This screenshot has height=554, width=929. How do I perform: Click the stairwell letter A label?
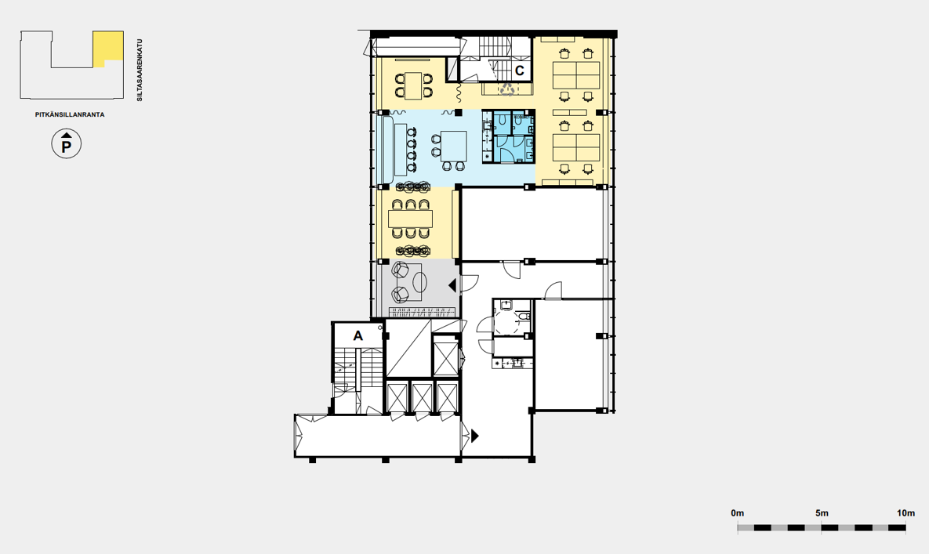(x=357, y=336)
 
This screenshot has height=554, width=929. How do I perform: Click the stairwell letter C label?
(x=520, y=71)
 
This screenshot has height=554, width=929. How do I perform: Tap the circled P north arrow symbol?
(x=67, y=144)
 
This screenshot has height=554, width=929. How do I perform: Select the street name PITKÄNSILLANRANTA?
(x=70, y=115)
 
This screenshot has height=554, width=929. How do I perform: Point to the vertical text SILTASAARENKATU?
(x=140, y=71)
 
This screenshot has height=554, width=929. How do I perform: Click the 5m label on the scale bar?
(x=822, y=513)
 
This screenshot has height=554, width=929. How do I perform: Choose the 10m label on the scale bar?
(x=905, y=513)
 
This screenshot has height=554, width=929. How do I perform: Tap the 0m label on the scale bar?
(x=738, y=513)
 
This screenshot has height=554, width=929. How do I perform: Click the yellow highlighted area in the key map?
(x=108, y=45)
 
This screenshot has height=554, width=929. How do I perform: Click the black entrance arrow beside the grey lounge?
(x=452, y=286)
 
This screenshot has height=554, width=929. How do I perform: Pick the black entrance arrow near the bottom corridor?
(x=474, y=436)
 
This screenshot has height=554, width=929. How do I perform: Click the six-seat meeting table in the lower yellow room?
(x=411, y=219)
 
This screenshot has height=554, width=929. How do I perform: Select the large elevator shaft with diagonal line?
(x=408, y=348)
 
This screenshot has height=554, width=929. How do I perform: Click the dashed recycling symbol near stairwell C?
(x=508, y=89)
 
